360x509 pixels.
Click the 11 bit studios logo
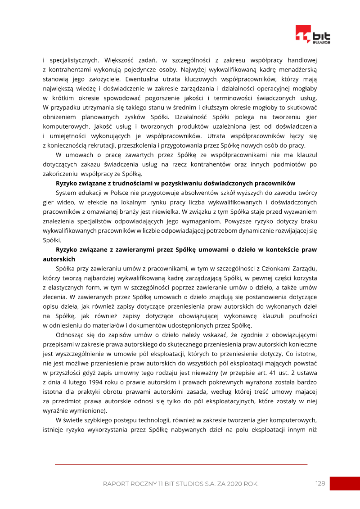click(x=313, y=35)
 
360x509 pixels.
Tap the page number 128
click(x=320, y=483)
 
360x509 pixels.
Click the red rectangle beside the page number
click(x=345, y=483)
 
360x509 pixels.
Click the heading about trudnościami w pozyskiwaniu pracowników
click(x=175, y=183)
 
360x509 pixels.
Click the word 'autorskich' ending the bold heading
click(x=58, y=259)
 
